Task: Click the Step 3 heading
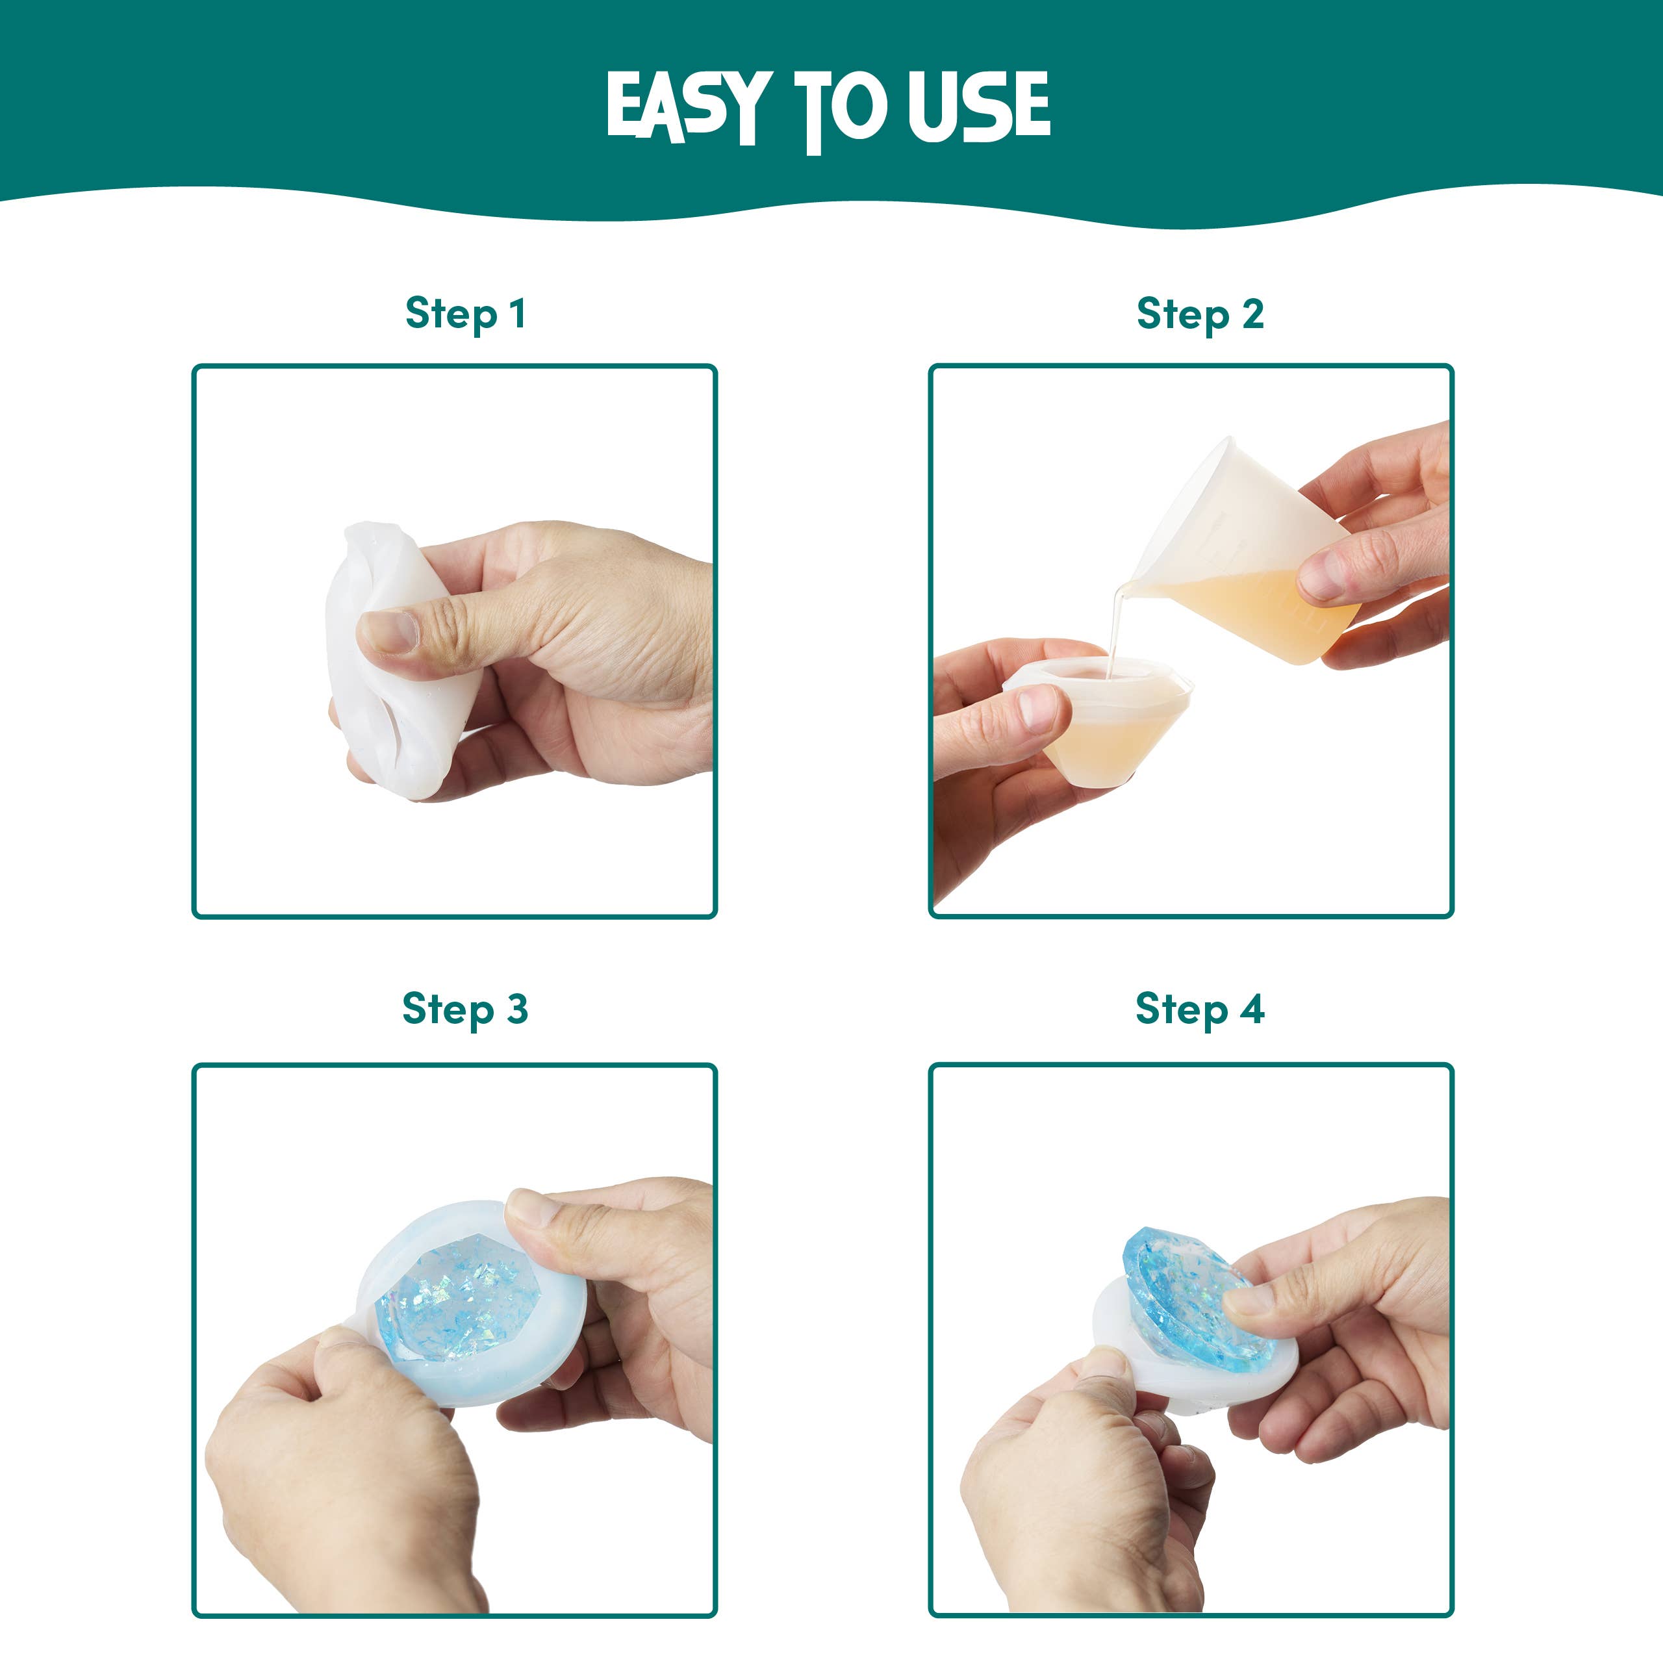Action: pos(465,1009)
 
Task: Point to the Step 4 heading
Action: pos(1199,1009)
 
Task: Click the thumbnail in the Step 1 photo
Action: pos(390,631)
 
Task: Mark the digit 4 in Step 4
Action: pos(1252,1009)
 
